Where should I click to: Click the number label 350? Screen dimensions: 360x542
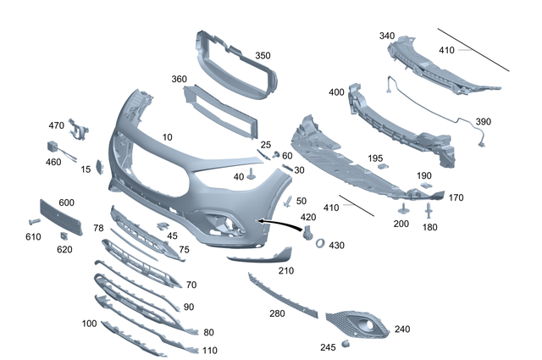(263, 56)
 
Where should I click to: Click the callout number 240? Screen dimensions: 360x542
(401, 329)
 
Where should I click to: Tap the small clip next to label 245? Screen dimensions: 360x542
(346, 344)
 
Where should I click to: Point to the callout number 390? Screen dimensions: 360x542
(483, 122)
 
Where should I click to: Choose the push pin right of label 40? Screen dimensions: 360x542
(253, 175)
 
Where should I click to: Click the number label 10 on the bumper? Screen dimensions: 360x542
(167, 136)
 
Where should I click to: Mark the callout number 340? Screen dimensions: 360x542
(386, 36)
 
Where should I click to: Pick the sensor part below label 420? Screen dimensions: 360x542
(307, 232)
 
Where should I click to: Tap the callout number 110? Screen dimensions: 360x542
(210, 350)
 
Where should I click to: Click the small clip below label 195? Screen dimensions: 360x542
(382, 168)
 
